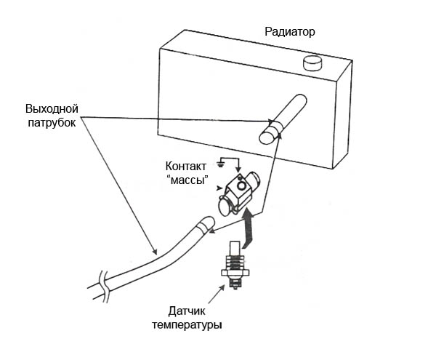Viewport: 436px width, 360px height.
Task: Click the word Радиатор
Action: coord(291,32)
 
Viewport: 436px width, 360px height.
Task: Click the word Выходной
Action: coord(52,109)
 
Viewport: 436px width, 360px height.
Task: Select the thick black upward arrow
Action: coord(249,225)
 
